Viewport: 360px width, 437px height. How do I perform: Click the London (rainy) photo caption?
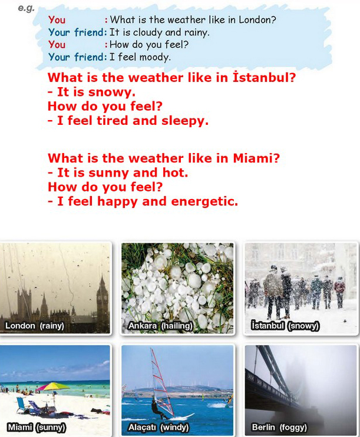(35, 326)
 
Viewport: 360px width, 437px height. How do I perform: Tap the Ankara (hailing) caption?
(160, 326)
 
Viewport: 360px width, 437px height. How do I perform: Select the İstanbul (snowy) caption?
(285, 326)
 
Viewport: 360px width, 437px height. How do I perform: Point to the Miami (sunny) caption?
(37, 427)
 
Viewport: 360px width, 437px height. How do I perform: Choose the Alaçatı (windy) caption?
(158, 427)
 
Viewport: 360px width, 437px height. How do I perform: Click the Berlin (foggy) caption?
(279, 427)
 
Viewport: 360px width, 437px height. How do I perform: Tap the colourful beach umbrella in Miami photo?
(52, 387)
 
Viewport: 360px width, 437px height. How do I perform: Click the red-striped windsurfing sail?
(162, 379)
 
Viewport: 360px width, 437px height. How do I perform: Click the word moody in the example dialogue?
(154, 57)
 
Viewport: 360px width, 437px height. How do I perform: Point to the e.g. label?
(26, 8)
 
